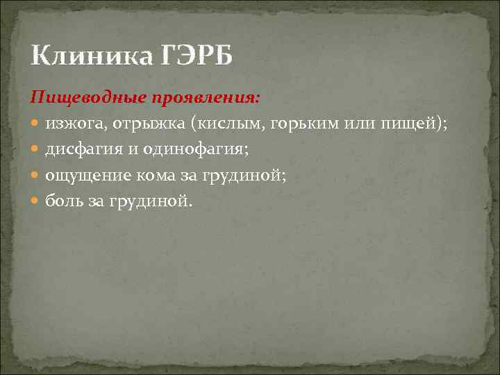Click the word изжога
pos(72,124)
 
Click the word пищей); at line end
pos(415,124)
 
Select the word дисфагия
pos(81,149)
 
